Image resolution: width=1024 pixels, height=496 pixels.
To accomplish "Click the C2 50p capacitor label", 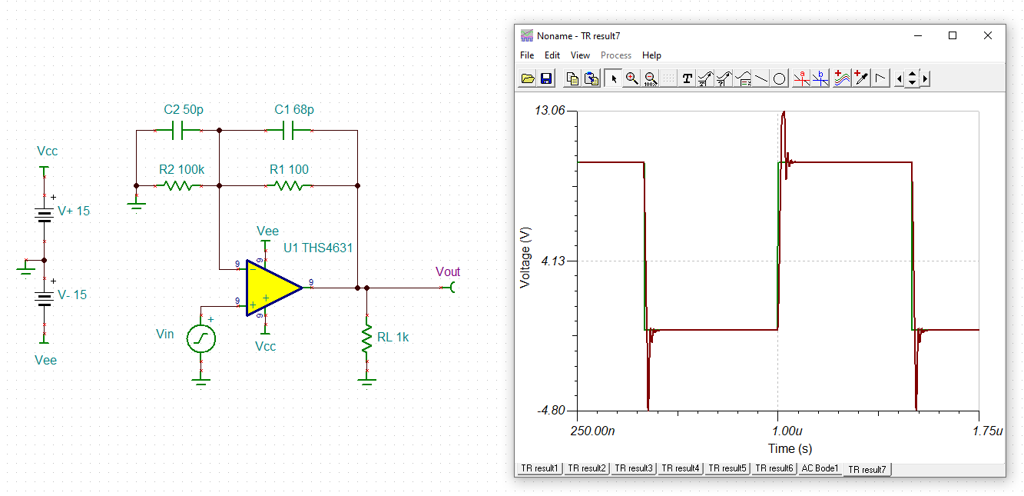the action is point(184,110).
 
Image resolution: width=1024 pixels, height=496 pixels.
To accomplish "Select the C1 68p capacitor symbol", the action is point(289,131).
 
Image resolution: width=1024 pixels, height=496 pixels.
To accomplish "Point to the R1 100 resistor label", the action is point(289,170).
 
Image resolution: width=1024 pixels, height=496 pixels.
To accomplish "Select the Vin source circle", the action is point(201,338).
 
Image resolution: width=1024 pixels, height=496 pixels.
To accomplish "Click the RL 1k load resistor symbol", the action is point(366,338).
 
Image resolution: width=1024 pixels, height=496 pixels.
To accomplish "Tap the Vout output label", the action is point(448,271).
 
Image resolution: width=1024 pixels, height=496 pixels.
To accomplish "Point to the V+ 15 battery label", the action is point(74,211).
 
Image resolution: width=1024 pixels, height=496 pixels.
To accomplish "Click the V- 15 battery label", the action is point(72,295).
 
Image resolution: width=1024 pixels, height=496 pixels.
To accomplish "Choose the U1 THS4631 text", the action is point(318,248).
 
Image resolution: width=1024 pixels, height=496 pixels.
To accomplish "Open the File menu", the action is point(527,55).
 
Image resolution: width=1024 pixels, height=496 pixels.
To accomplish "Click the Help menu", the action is point(651,55).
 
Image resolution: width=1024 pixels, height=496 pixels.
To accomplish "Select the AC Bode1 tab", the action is point(820,468).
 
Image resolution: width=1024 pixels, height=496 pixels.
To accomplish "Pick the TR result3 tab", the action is point(633,468).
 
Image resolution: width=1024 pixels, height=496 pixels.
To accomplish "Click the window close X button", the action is point(988,35).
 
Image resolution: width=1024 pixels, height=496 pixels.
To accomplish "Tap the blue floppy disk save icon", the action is point(546,78).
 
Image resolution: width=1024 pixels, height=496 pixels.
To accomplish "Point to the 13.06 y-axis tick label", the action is point(550,110).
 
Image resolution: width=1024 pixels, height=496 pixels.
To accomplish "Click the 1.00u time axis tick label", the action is point(787,431).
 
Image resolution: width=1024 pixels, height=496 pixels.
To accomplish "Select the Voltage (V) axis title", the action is point(525,258).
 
